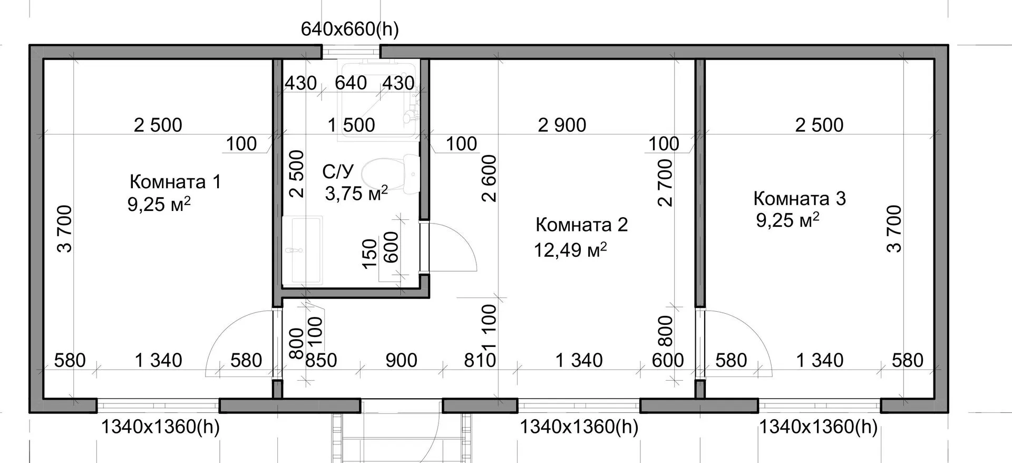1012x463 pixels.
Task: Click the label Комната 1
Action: tap(175, 182)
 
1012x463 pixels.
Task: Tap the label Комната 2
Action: tap(582, 225)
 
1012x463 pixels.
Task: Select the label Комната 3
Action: tap(800, 198)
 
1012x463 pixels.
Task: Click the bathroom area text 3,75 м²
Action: tap(356, 193)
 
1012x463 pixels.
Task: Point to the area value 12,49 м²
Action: tap(570, 249)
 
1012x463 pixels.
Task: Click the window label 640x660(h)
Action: tap(350, 30)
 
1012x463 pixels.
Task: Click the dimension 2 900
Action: tap(562, 125)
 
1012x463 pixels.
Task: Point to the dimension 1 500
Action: tap(351, 125)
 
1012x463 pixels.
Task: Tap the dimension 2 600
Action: tap(489, 178)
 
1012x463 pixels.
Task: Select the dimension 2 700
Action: tap(666, 182)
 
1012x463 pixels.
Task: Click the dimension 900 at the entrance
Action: tap(401, 360)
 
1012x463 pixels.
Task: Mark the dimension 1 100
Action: tap(489, 327)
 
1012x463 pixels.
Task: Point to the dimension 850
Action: tap(321, 360)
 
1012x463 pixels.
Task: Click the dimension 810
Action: tap(480, 360)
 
